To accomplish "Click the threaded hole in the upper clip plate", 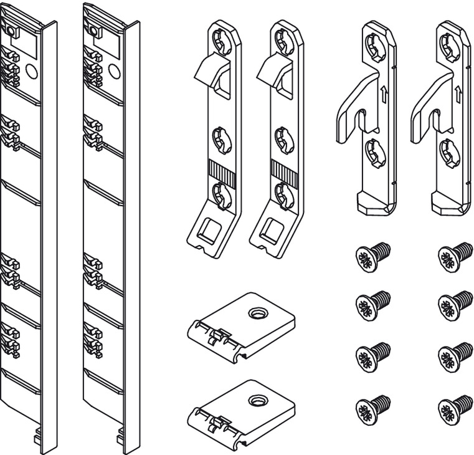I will (255, 312).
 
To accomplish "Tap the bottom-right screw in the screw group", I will (451, 408).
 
